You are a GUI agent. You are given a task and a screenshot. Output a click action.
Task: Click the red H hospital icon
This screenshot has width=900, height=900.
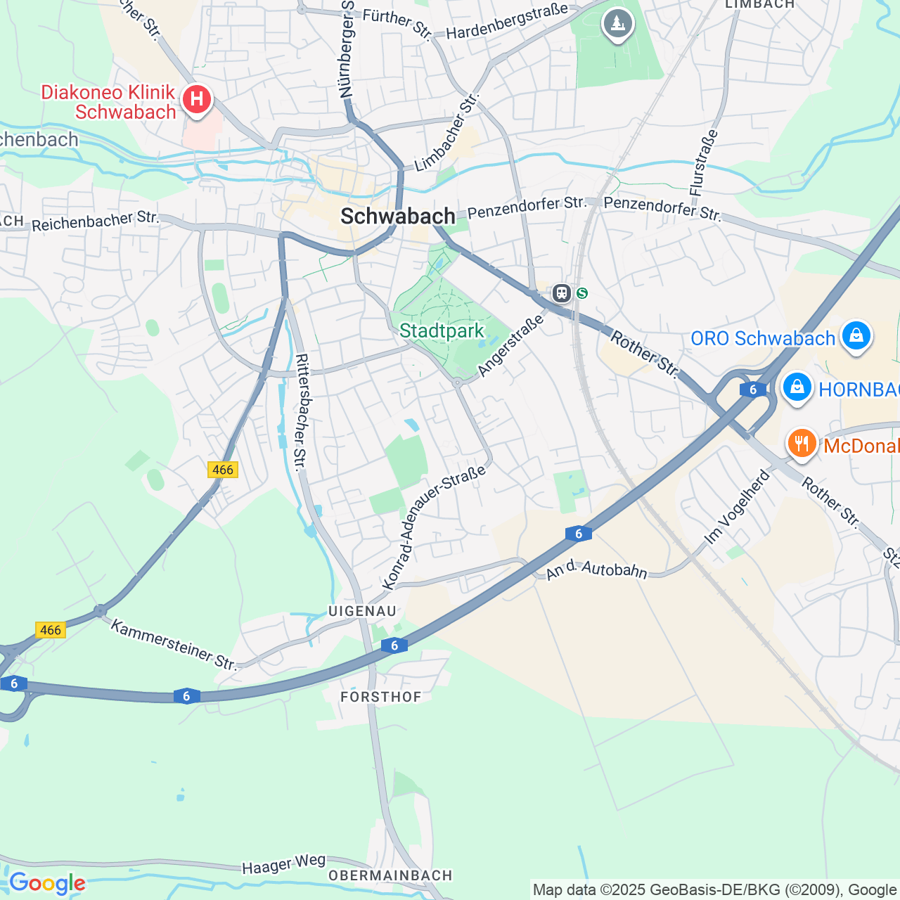197,99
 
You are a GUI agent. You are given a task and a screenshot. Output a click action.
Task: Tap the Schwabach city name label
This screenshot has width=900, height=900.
397,217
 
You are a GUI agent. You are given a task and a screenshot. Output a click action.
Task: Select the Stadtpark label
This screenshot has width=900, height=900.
442,330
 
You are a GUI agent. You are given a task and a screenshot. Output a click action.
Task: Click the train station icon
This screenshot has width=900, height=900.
561,292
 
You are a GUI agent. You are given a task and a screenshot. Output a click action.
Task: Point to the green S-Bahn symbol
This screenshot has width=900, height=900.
581,293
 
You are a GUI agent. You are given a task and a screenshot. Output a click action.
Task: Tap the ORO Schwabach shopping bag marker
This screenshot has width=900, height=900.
856,336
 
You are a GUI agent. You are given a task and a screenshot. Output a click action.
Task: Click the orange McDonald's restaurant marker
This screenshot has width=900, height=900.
801,444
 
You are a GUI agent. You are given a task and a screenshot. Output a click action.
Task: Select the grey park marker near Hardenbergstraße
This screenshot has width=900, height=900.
617,24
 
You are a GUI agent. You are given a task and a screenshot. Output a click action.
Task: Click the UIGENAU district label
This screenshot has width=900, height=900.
362,611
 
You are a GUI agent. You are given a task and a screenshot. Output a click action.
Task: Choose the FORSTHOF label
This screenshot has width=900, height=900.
380,697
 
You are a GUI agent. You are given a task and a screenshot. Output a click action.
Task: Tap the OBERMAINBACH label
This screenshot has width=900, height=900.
390,875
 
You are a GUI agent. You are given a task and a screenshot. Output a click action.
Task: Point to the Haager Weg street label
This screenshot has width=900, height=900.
283,864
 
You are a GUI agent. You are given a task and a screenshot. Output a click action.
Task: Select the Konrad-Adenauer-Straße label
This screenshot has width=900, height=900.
434,527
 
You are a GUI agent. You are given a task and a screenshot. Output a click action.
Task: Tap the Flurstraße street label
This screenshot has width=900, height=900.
704,162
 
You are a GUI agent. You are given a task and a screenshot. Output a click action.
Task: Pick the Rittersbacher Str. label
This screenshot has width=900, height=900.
301,411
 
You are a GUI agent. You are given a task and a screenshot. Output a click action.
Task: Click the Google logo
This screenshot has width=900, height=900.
47,883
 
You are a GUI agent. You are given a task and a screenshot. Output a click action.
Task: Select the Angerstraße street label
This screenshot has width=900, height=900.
510,345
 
